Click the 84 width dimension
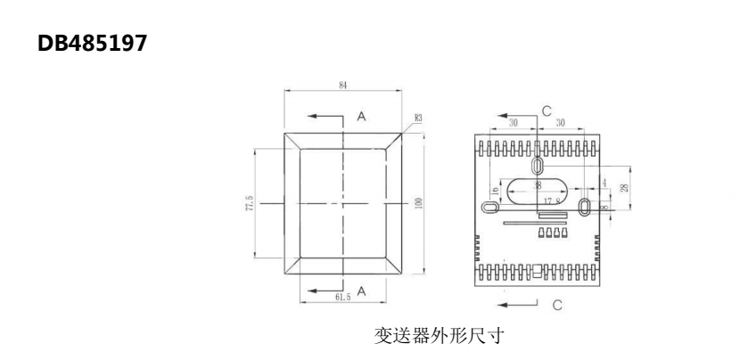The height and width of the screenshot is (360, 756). pyautogui.click(x=343, y=85)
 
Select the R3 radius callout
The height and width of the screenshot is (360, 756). pyautogui.click(x=418, y=117)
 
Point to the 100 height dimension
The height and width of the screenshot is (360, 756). pyautogui.click(x=417, y=203)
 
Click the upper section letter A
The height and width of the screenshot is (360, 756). pyautogui.click(x=361, y=116)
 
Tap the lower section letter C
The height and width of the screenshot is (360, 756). pyautogui.click(x=557, y=305)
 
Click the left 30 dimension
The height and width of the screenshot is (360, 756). pyautogui.click(x=514, y=123)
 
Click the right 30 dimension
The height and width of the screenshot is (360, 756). pyautogui.click(x=561, y=123)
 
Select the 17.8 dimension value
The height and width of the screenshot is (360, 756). pyautogui.click(x=551, y=202)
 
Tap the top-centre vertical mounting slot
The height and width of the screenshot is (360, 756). pyautogui.click(x=538, y=167)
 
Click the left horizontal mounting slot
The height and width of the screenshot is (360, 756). pyautogui.click(x=490, y=207)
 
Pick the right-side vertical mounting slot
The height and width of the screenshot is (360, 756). pyautogui.click(x=584, y=207)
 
